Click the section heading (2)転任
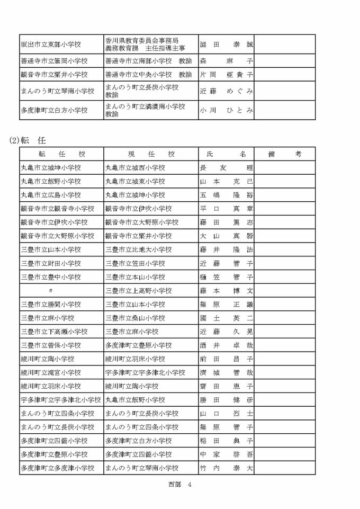(x=28, y=140)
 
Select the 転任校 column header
(x=62, y=154)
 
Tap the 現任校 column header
(x=151, y=154)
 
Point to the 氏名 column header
(x=226, y=154)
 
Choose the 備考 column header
(x=284, y=154)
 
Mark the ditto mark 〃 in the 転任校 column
(x=50, y=291)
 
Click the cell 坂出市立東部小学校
(x=50, y=44)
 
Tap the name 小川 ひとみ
(x=226, y=110)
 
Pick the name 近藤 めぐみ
(x=226, y=91)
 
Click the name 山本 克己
(x=226, y=181)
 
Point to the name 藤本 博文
(x=226, y=291)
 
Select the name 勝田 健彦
(x=226, y=400)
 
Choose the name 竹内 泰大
(x=226, y=468)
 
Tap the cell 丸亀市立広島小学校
(x=50, y=195)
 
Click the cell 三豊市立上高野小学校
(x=139, y=291)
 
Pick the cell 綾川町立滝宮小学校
(x=50, y=372)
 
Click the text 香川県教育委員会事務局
(x=142, y=40)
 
